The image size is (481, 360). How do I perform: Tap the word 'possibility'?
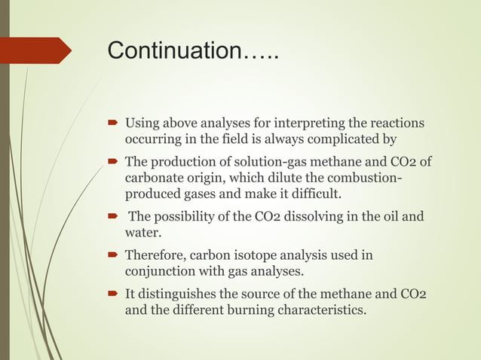tap(191, 218)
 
